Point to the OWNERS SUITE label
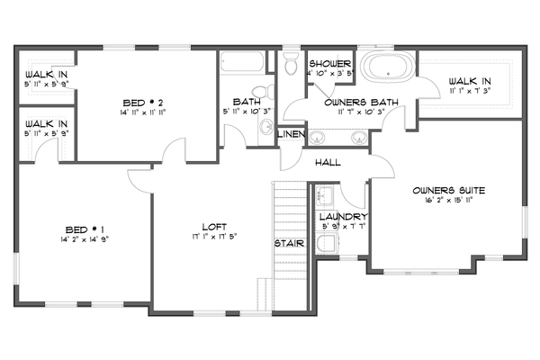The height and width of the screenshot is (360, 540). point(449,191)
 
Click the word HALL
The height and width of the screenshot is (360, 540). point(328,163)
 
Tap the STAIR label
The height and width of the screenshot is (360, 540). point(288,243)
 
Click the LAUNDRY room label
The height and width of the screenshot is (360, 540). point(343,217)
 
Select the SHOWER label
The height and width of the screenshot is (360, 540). point(329,64)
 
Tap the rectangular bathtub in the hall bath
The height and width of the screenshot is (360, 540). point(243,65)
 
